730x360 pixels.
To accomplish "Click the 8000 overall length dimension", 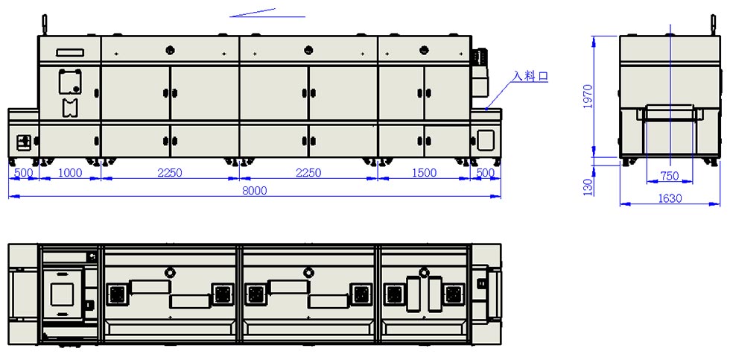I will (x=255, y=191).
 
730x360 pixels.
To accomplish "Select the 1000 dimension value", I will (x=69, y=173).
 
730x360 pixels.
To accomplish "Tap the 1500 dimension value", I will (x=424, y=173).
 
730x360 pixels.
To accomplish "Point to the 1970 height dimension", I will (x=588, y=96).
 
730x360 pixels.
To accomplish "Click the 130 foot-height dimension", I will (x=588, y=186).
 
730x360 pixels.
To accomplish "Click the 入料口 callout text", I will (x=530, y=76).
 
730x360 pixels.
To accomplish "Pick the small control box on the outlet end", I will (x=24, y=141).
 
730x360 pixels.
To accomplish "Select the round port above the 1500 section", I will (x=424, y=50).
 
